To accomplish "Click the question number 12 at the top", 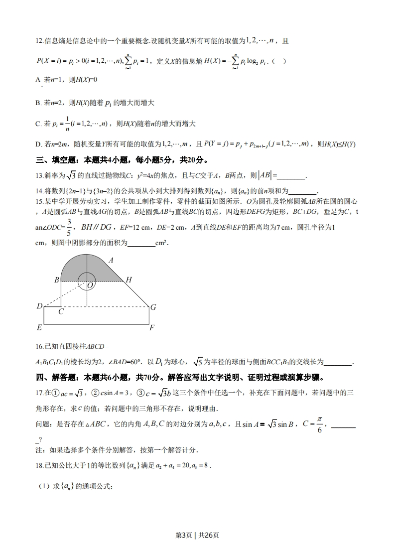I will coord(39,41).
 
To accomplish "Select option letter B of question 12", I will coord(38,103).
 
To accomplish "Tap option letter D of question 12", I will coord(38,144).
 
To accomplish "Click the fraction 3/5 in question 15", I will coord(69,228).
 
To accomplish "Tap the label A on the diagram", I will coord(111,260).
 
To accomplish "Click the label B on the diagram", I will coord(57,280).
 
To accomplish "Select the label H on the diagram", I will coord(129,280).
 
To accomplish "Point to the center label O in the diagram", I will coord(90,285).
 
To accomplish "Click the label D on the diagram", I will coord(39,306).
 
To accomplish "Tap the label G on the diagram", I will coord(153,307).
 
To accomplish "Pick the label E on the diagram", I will coord(39,327).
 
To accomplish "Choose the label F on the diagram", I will coord(152,328).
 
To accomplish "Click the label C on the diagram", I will coord(61,312).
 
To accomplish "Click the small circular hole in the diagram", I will coord(87,279).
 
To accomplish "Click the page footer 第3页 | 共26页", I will coord(197,535).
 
